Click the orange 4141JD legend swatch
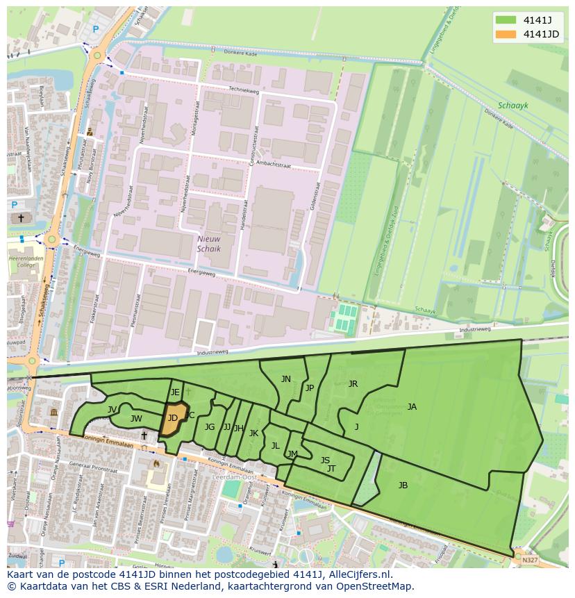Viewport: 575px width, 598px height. point(506,34)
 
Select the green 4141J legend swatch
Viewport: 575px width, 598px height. point(506,19)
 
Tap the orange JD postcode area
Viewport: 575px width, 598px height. point(173,418)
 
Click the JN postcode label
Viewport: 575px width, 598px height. point(286,379)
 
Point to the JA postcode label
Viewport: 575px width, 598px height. point(412,407)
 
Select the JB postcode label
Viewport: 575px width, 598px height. point(403,485)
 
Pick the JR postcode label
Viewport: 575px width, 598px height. point(353,384)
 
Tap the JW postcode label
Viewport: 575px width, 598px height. point(136,419)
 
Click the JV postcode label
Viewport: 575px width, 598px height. point(112,410)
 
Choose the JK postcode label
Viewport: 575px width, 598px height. point(253,433)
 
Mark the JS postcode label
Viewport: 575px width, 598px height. point(325,460)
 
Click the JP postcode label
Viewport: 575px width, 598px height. point(310,388)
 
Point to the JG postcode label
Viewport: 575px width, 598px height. point(210,427)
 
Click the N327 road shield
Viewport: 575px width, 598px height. point(530,560)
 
